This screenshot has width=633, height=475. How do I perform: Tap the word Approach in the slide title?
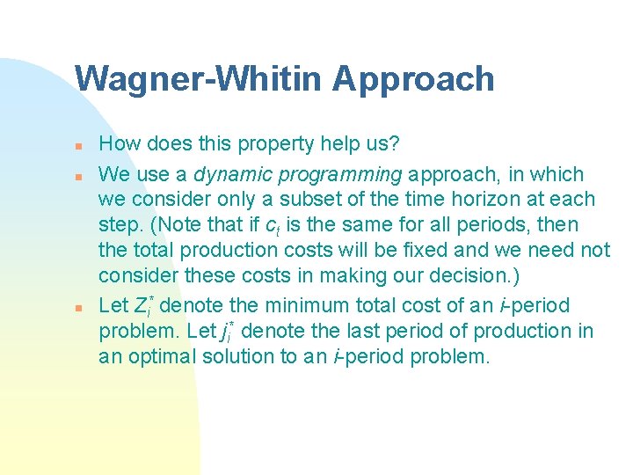(413, 79)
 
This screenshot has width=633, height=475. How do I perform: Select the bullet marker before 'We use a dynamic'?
(78, 174)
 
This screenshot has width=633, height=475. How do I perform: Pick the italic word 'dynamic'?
(229, 174)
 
